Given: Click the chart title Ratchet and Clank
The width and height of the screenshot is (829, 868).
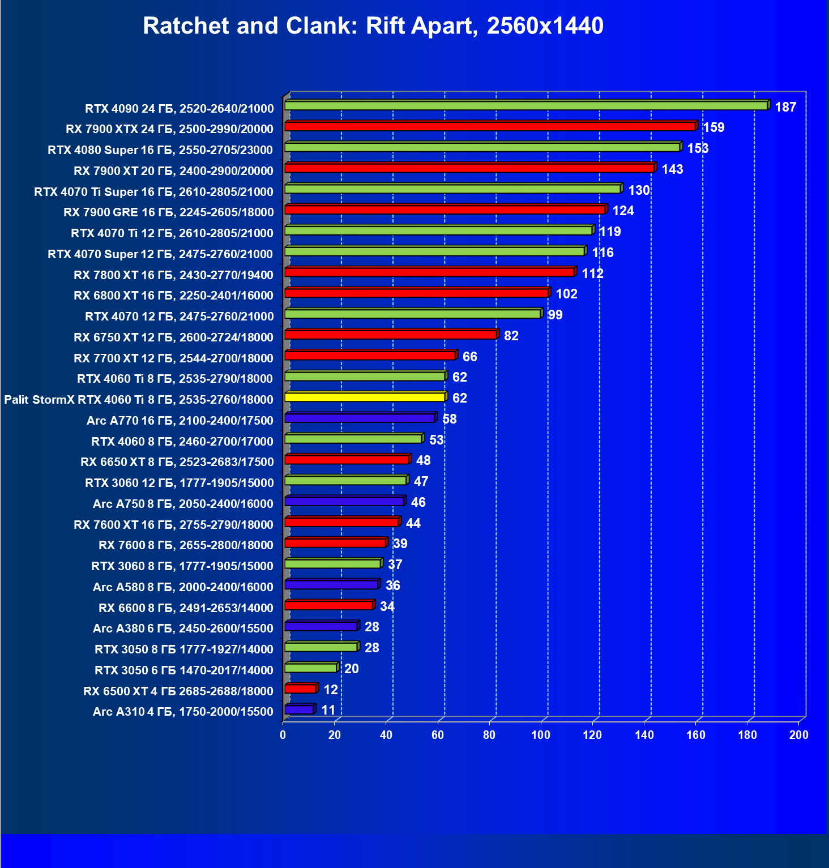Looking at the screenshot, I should pos(373,26).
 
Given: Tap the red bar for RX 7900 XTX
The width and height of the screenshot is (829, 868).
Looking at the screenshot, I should pos(490,126).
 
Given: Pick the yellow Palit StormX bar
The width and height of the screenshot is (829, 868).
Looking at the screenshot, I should pos(365,397).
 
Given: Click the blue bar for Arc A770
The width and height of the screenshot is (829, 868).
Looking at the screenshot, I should pos(360,418).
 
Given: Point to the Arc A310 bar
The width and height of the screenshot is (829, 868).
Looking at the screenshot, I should pos(299,709).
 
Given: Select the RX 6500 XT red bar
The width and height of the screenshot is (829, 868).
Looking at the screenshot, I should pos(300,689).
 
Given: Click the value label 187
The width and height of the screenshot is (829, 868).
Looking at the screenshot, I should pos(785,107).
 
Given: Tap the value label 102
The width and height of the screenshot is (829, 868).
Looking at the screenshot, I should pos(566,294).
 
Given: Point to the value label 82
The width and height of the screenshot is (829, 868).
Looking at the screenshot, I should pos(511,336).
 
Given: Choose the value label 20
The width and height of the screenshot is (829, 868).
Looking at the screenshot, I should pos(351,669).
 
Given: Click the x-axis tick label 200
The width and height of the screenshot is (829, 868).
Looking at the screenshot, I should pos(799,735).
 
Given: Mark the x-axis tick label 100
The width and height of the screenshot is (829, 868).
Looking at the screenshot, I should pos(541,735).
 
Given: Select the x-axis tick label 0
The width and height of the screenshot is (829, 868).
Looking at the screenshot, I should pos(283,735).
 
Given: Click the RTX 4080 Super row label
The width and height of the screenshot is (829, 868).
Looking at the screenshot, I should pos(160,150).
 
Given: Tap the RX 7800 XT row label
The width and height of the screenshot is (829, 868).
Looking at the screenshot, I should pos(173,275).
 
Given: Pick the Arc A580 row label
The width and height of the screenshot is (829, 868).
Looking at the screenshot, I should pos(183,587).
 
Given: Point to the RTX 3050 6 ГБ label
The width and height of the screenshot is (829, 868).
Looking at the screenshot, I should pos(184,670).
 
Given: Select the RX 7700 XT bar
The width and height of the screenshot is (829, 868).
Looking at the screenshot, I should pos(370,355).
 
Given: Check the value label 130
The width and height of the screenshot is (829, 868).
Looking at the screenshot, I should pos(639,190).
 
